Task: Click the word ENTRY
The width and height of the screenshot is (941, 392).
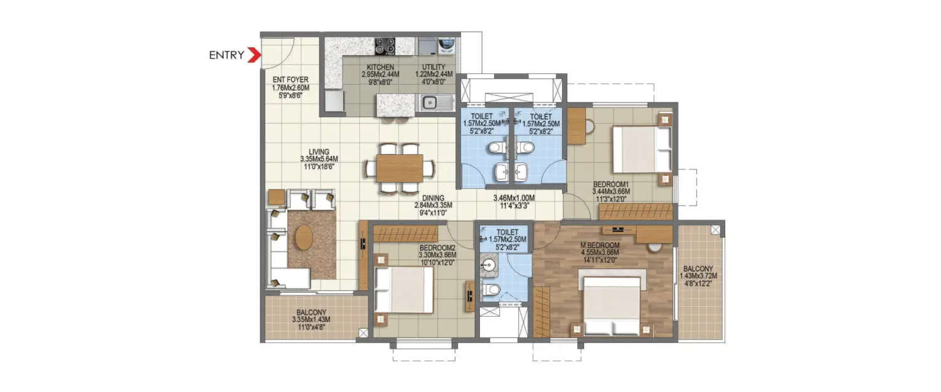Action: tap(226, 55)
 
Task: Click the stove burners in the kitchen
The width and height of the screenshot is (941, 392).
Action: tap(385, 45)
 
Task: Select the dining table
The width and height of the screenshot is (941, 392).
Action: tap(400, 168)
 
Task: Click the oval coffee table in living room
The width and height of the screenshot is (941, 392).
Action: tap(304, 237)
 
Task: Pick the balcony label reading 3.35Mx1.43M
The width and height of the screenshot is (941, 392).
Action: tap(311, 319)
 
